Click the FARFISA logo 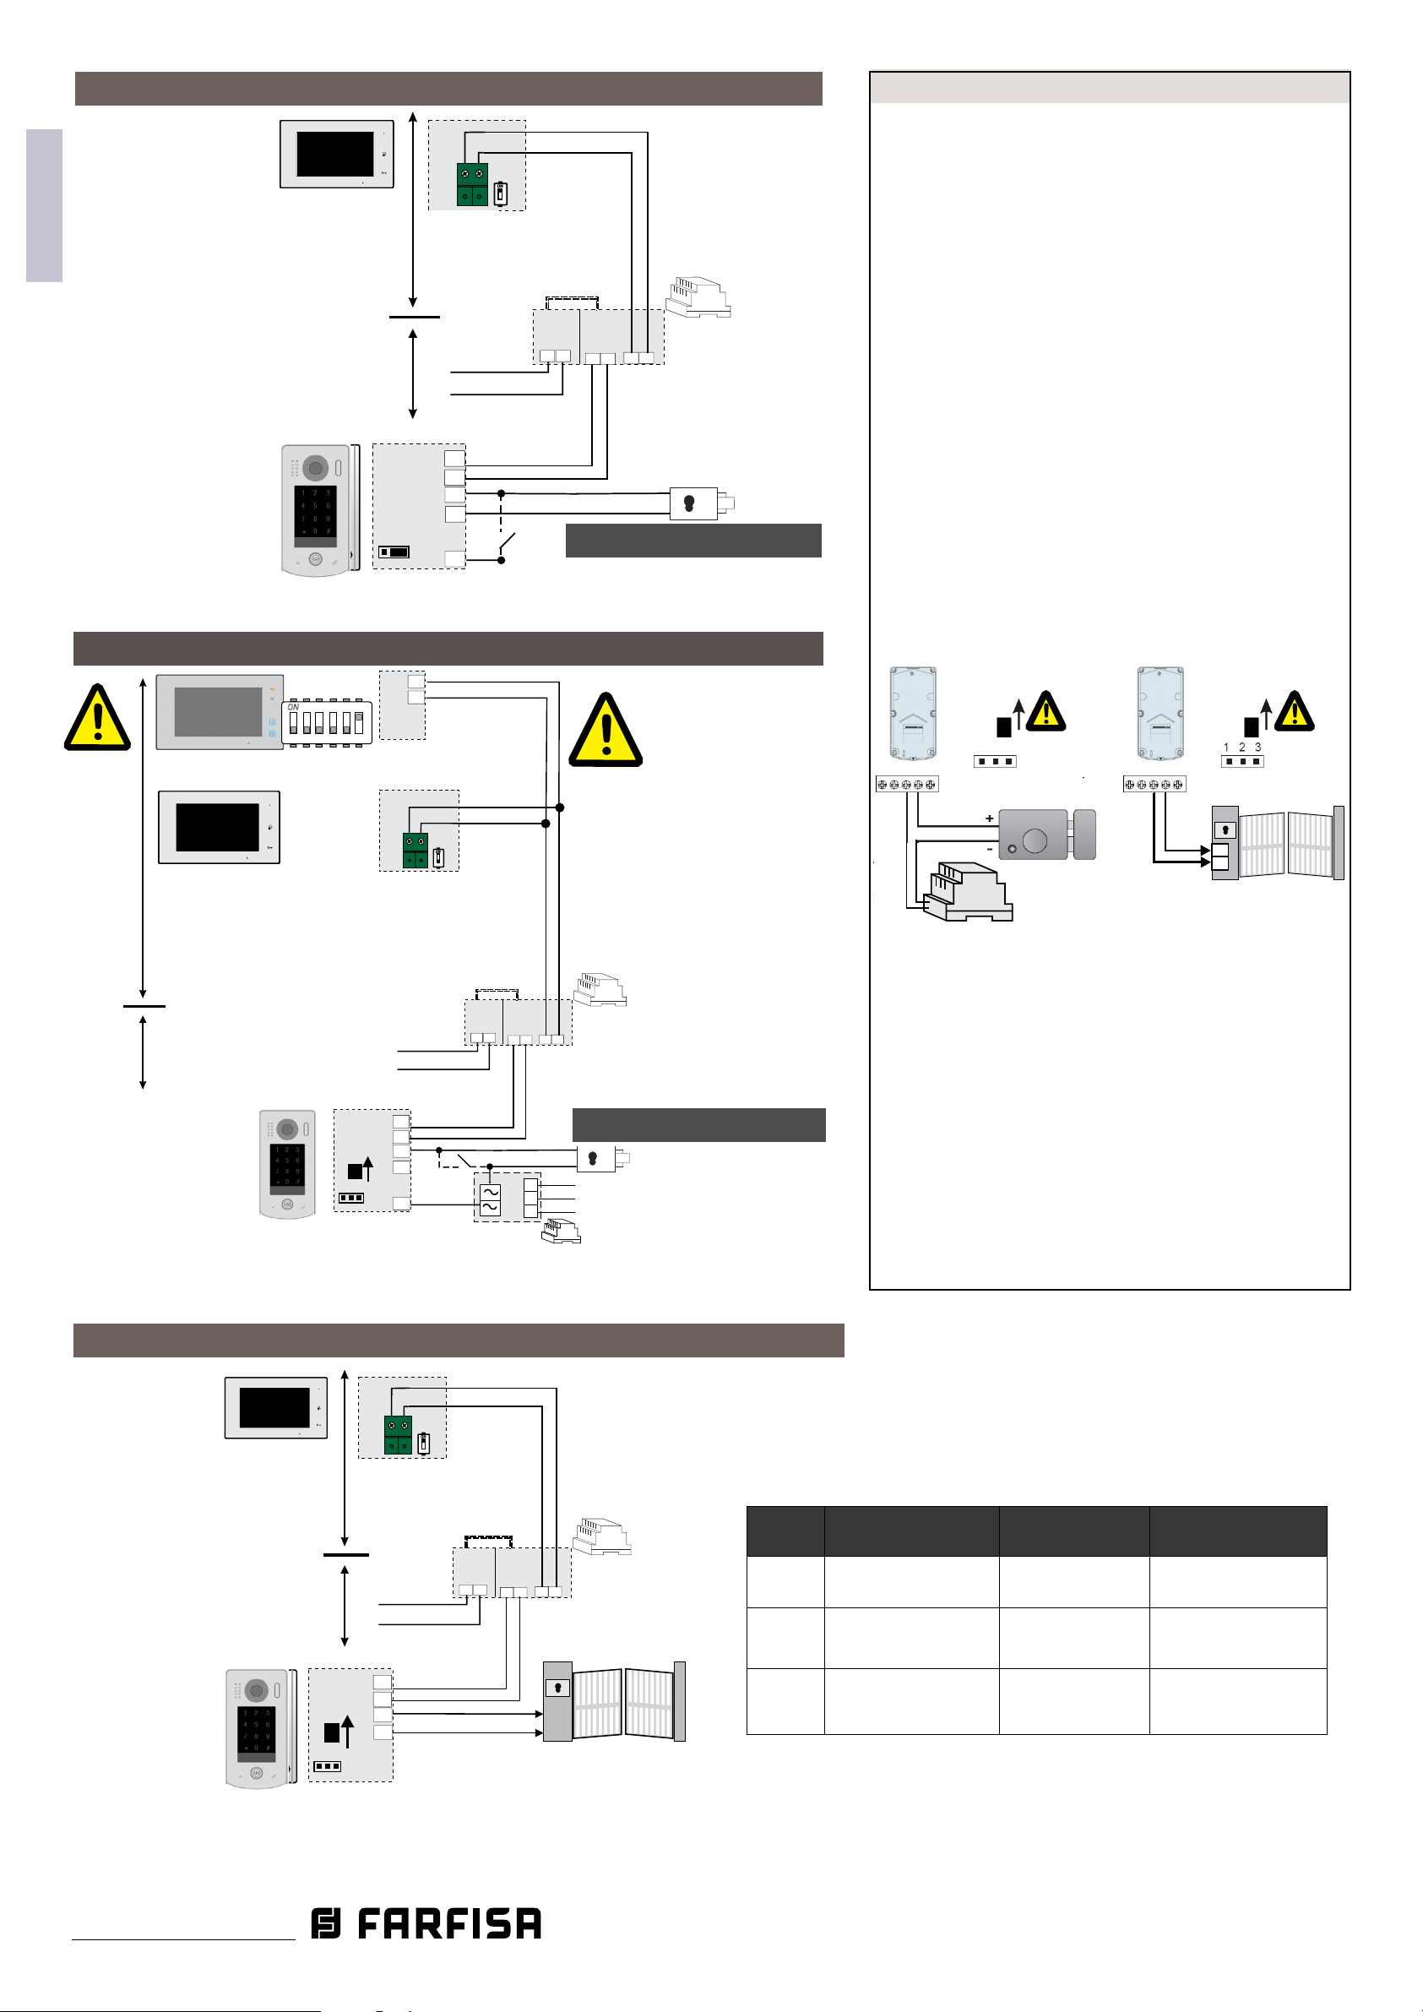coord(426,1923)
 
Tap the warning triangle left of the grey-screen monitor coord(97,720)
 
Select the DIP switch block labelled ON coord(327,722)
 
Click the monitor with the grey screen coord(219,711)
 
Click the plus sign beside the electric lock coord(989,818)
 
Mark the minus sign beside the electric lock coord(989,849)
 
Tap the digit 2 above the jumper coord(1241,748)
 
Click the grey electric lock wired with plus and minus coord(1047,835)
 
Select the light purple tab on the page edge coord(45,206)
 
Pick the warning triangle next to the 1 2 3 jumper coord(1295,711)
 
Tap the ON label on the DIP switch coord(294,706)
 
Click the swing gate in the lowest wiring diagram coord(614,1703)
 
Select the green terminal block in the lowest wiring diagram coord(398,1434)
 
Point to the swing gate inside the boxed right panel coord(1279,843)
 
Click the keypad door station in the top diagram coord(317,510)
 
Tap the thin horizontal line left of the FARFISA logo coord(183,1939)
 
